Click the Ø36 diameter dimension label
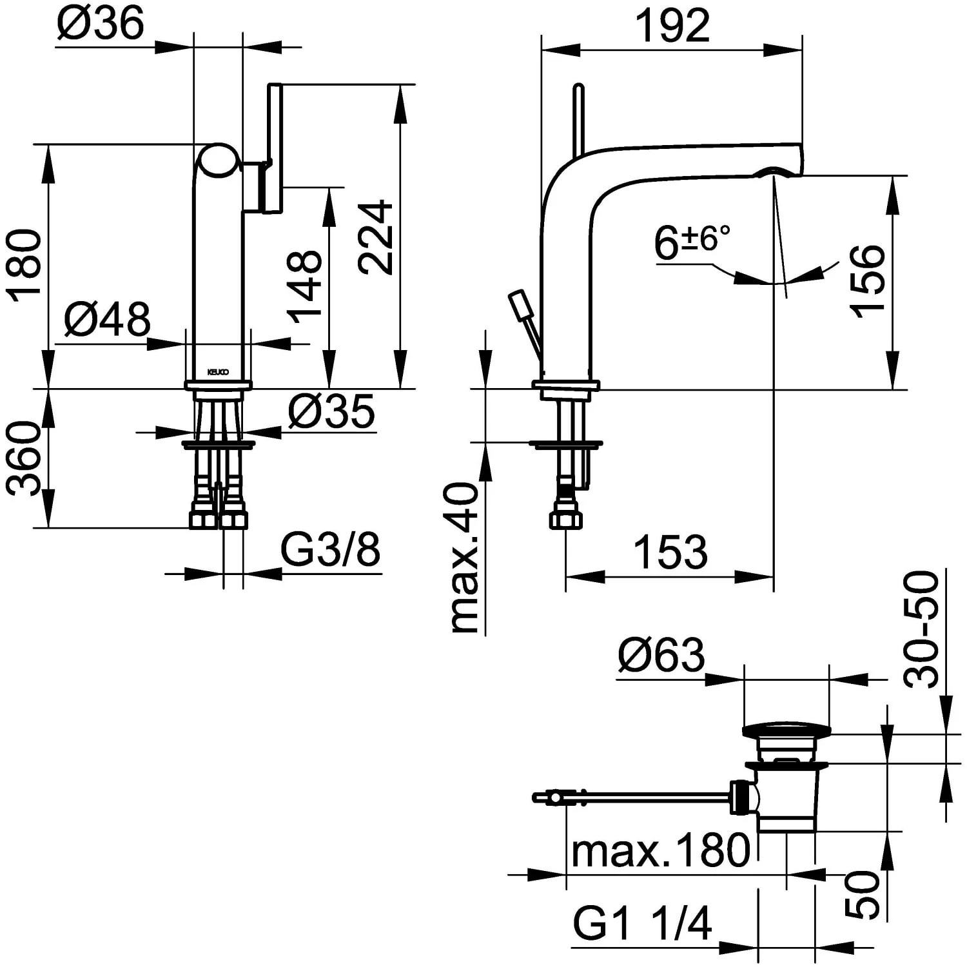(x=101, y=24)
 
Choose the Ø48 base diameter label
(x=107, y=318)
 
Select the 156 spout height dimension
(x=867, y=280)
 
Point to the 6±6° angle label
(x=692, y=242)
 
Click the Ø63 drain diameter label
(x=661, y=656)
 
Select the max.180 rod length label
(x=661, y=850)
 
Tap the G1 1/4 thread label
(x=643, y=923)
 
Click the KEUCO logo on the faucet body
(x=217, y=372)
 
